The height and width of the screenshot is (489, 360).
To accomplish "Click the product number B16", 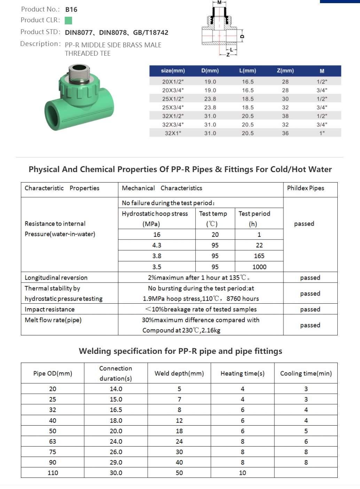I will coord(71,10).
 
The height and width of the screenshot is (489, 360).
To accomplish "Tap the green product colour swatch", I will coord(68,21).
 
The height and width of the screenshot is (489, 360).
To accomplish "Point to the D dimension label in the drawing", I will coord(242,36).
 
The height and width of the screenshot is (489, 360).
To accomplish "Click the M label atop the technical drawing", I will coord(219,2).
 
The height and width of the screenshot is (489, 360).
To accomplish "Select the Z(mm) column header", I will coord(285,71).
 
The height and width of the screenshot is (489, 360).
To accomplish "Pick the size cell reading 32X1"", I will coord(173,133).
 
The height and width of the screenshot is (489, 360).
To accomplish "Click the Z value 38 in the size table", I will coord(285,116).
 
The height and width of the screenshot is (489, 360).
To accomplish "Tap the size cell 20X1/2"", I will coord(173,81).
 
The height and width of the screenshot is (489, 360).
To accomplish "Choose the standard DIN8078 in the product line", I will coord(113,33).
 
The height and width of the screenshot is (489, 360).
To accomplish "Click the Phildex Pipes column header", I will coord(305,188).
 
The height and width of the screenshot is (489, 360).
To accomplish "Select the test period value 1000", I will coord(259,267).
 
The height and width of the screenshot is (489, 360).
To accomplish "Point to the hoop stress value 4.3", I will coord(157,245).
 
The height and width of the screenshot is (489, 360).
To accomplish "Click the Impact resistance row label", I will coord(49,309).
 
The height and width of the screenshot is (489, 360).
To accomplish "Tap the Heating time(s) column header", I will coord(242,373).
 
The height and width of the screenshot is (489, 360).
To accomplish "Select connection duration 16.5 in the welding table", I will coord(116,410).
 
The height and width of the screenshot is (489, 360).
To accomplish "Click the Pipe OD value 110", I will coord(53,473).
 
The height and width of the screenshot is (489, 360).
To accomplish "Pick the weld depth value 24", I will coord(179,441).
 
